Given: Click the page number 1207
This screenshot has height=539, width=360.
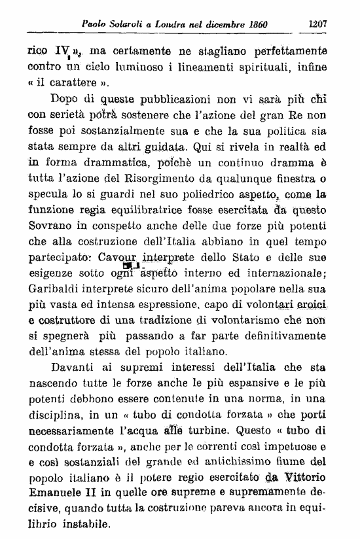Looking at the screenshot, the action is point(317,24).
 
